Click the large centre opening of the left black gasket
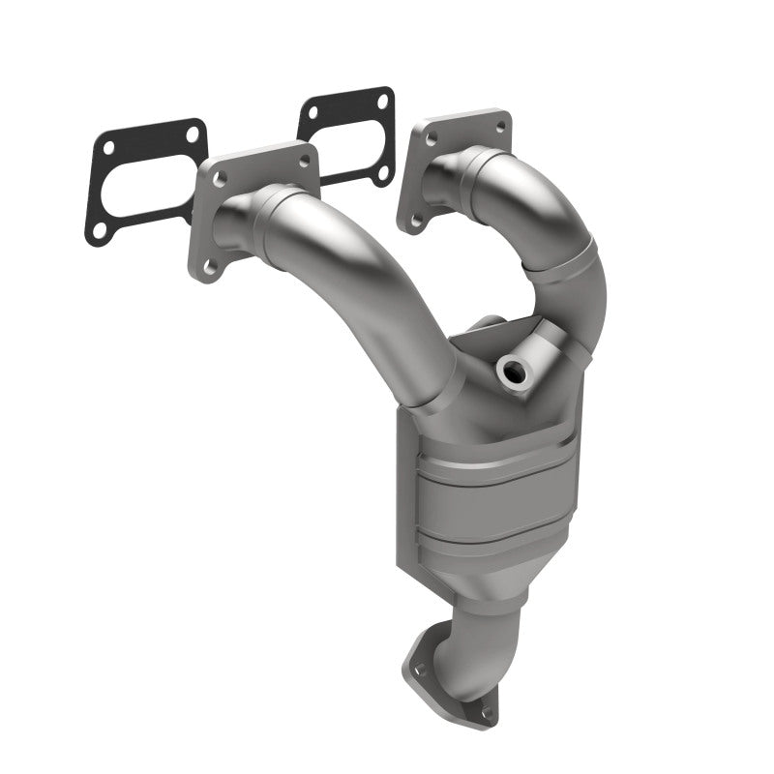pos(145,184)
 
